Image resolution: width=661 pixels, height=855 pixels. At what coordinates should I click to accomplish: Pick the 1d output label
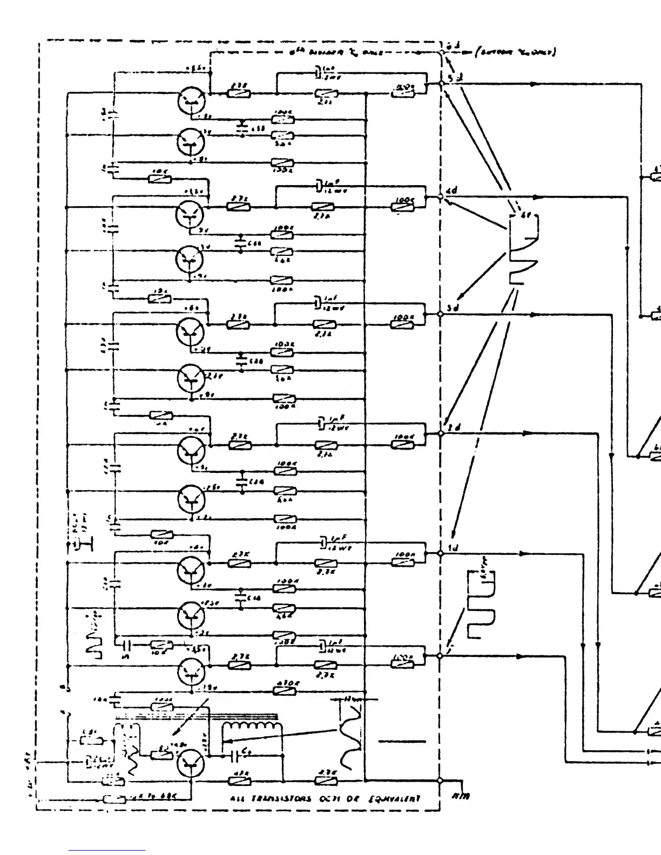click(453, 548)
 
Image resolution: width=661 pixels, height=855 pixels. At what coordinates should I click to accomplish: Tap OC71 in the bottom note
click(329, 799)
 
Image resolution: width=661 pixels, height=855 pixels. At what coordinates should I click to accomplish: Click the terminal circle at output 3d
click(440, 314)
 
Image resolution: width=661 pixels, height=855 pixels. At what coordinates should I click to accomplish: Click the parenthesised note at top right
click(516, 52)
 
